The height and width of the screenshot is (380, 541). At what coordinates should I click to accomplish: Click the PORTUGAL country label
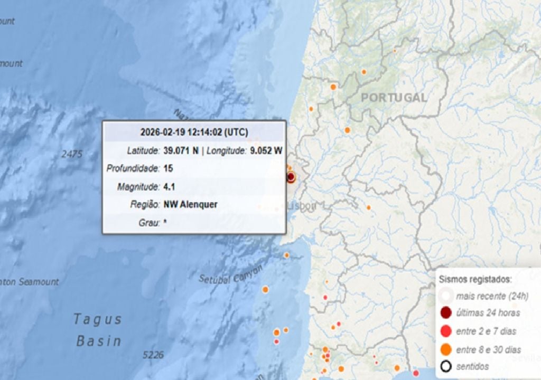point(394,98)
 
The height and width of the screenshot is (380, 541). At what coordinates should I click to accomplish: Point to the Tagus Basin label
point(98,330)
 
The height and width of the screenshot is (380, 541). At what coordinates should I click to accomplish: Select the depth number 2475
point(72,154)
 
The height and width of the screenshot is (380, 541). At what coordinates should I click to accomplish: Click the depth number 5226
point(152,355)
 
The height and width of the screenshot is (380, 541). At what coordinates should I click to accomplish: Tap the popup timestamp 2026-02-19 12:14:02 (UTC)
point(194,132)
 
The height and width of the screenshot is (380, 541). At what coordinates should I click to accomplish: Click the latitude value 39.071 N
point(181,151)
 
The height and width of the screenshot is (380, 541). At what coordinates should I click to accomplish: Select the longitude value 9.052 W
point(266,151)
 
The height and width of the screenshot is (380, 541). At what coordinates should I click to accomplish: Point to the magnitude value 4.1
point(169,187)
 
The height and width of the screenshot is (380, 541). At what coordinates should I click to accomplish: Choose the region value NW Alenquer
point(190,205)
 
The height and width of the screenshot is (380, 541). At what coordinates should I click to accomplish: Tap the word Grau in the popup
point(148,223)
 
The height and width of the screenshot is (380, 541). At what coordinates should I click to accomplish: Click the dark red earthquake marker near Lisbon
point(291,177)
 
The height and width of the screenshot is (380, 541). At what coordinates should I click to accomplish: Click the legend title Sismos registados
point(475,279)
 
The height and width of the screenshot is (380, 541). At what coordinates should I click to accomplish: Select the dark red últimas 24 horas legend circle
point(446,313)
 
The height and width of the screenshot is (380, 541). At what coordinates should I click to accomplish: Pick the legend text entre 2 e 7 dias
point(486,331)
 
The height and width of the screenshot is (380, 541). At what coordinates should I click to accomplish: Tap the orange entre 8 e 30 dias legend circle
point(446,349)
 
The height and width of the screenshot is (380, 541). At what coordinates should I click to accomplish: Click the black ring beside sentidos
point(446,366)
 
